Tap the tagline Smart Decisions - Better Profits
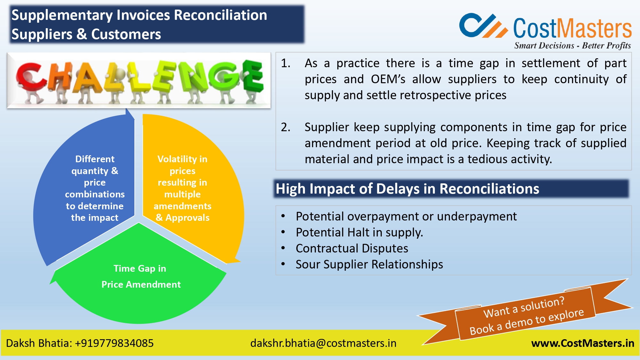[x=572, y=46]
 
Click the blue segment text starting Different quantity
[x=95, y=188]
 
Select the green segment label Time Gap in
[x=140, y=268]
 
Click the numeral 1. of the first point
[x=285, y=63]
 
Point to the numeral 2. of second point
[x=285, y=127]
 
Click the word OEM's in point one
[x=388, y=79]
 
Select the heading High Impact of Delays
[x=407, y=189]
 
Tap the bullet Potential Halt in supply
[x=359, y=233]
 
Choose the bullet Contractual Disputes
[x=352, y=249]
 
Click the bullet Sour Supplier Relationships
[x=369, y=265]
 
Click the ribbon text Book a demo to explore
[x=527, y=322]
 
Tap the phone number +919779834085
[x=114, y=343]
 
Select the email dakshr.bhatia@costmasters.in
[x=323, y=343]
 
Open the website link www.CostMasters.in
[x=582, y=343]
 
